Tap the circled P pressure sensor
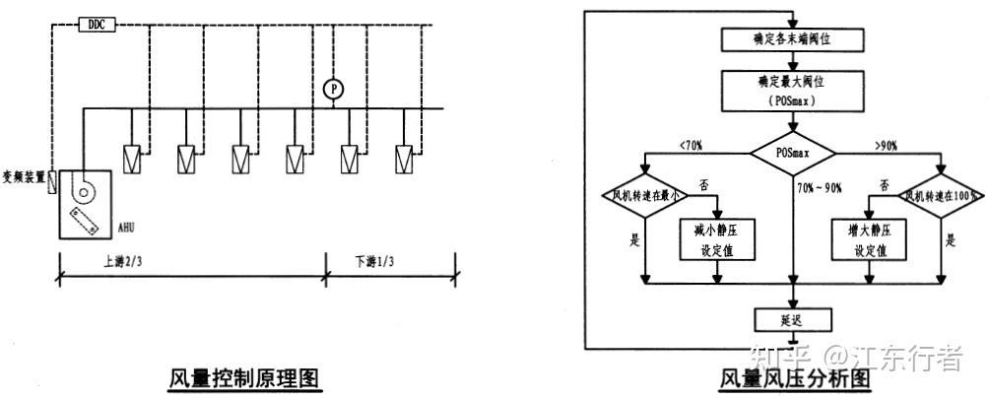334,89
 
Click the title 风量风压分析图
795,378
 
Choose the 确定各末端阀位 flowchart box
793,38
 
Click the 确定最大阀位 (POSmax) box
793,90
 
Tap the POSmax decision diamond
793,153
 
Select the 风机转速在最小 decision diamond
642,195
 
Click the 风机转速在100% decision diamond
943,195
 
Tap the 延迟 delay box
793,319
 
